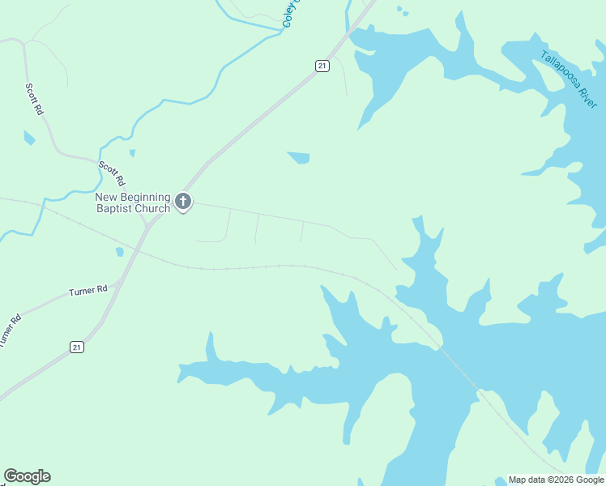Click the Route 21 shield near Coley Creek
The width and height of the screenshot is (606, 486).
coord(322,66)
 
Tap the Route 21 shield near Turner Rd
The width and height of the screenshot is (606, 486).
coord(76,347)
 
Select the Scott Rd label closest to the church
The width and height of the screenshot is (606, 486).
coord(112,173)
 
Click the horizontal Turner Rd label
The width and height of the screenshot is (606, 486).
coord(88,289)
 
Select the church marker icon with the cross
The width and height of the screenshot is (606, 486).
coord(183,201)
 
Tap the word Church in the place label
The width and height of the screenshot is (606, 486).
coord(154,208)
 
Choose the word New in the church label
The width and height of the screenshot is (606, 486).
coord(107,197)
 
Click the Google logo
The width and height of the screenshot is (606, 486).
coord(27,476)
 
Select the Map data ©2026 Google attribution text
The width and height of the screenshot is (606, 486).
coord(556,480)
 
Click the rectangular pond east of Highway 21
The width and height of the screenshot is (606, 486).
coord(299,157)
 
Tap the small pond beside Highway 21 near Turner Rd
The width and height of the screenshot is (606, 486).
coord(120,252)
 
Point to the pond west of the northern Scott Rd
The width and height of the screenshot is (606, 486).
coord(29,137)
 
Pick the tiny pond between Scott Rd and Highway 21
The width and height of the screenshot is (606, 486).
coord(132,152)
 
